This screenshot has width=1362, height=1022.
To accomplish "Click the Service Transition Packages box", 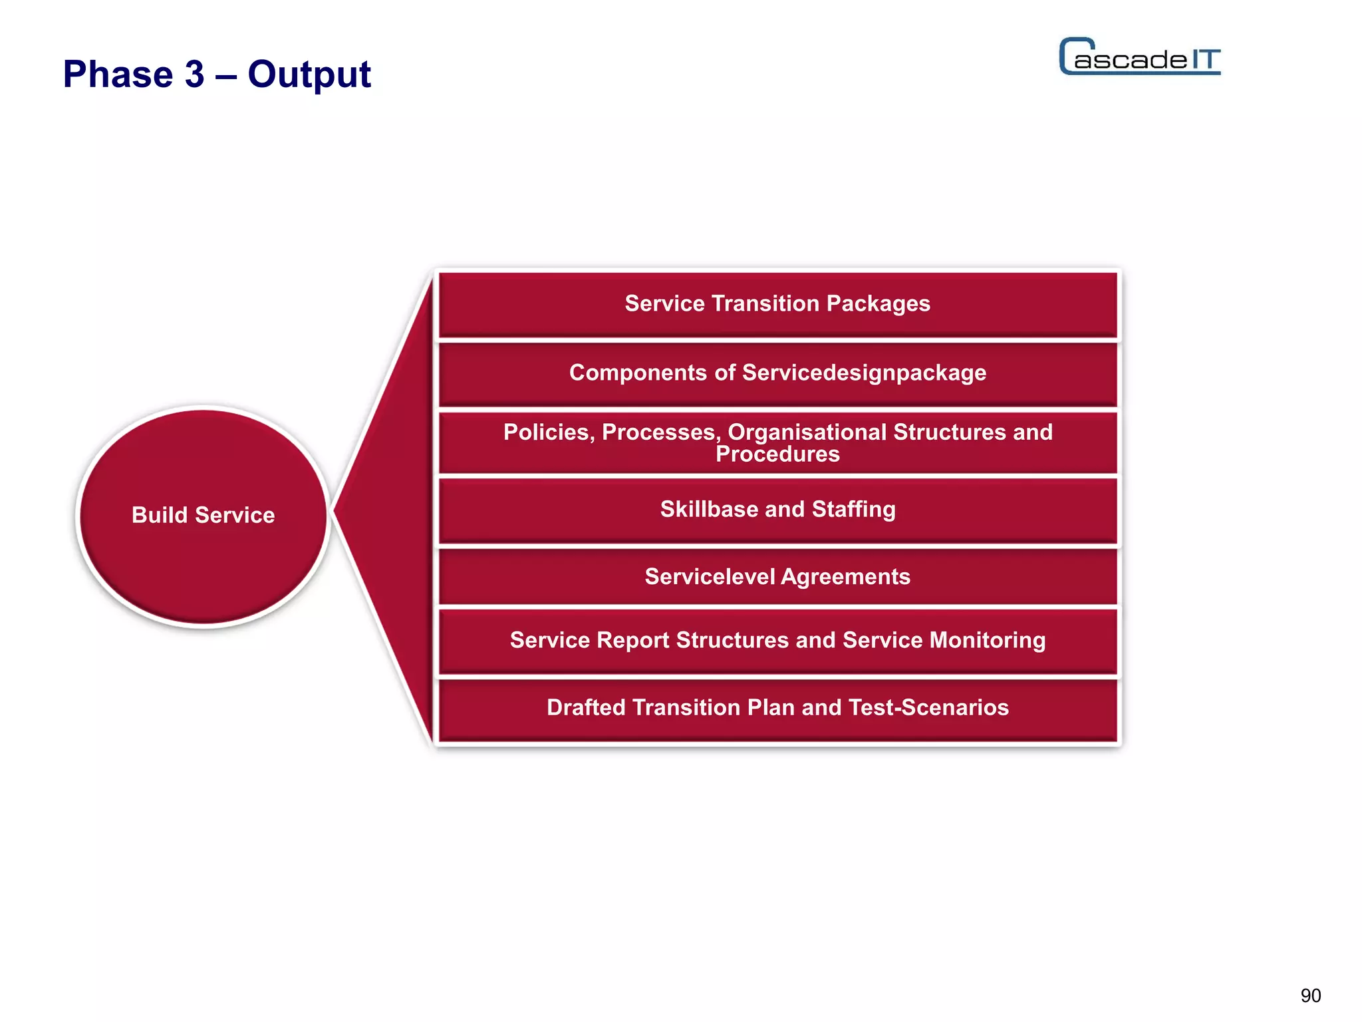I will (777, 304).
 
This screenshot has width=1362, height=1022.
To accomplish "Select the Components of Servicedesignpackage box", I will (777, 373).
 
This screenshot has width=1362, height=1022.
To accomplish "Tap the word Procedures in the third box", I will (777, 454).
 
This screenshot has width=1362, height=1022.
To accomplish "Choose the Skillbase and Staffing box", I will (777, 510).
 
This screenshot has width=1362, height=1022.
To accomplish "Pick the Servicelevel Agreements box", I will (777, 577).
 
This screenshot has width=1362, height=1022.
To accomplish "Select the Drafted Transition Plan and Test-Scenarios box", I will (777, 708).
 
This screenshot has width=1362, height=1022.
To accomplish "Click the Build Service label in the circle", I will (203, 515).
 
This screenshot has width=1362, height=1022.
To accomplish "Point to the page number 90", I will (1310, 995).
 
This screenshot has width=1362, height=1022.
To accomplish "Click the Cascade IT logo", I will (1139, 57).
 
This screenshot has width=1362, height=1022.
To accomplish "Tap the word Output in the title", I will (309, 75).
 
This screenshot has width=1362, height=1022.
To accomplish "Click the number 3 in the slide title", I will (194, 75).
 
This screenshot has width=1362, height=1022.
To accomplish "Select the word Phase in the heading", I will (118, 75).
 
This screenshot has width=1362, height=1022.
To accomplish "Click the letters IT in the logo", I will (1206, 60).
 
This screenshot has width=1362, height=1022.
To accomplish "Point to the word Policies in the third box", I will (548, 432).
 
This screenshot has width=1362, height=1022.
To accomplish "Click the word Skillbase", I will (709, 510).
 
